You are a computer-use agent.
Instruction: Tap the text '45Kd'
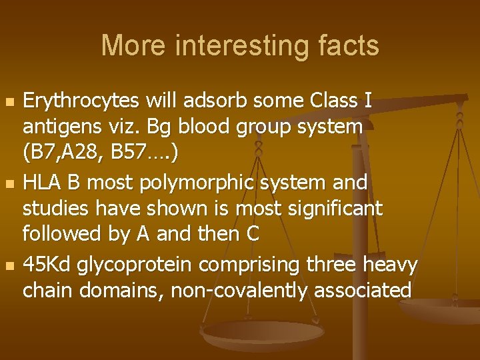coord(47,265)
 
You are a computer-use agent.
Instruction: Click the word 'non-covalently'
coord(222,291)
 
